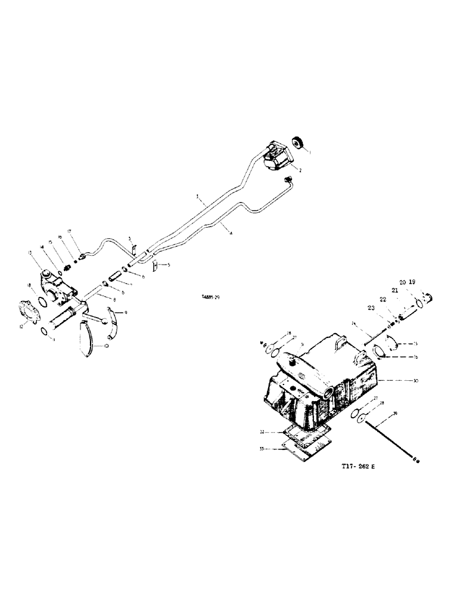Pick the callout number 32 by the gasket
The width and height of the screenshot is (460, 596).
263,432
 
